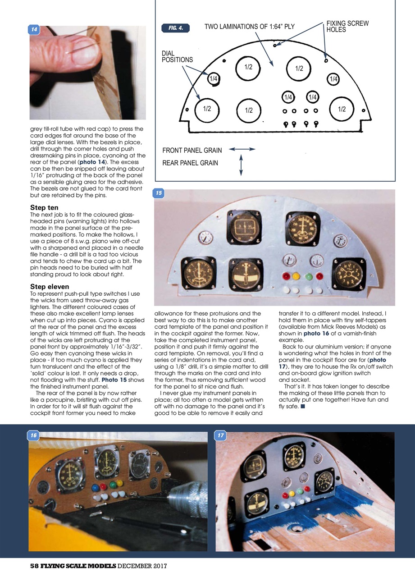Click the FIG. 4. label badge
point(175,28)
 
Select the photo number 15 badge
point(159,193)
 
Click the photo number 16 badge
point(33,436)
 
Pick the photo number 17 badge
point(221,436)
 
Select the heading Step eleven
point(50,286)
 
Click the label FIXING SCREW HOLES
point(347,27)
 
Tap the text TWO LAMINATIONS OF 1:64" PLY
point(249,27)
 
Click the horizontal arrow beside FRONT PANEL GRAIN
point(242,149)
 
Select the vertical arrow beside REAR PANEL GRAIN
point(241,165)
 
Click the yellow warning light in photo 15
point(296,276)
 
